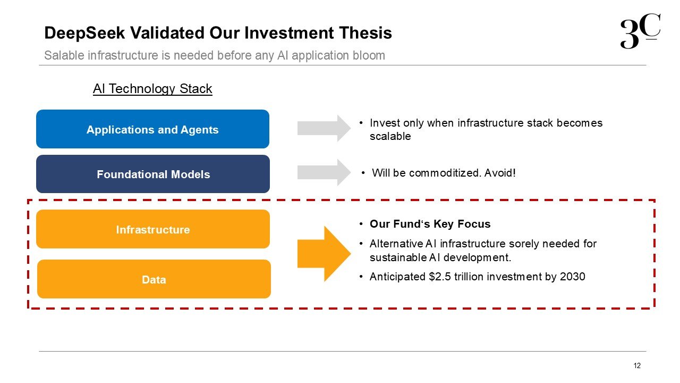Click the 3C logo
(x=640, y=31)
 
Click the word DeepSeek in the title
(x=84, y=33)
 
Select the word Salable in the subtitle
(x=64, y=55)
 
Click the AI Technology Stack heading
(x=152, y=89)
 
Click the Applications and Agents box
(x=152, y=129)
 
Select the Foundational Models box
(x=153, y=174)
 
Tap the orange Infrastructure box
(x=153, y=229)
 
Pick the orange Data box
(x=154, y=279)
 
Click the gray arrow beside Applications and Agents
(x=324, y=128)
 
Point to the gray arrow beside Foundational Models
(x=324, y=172)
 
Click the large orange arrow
(x=324, y=254)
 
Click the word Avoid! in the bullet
(x=500, y=173)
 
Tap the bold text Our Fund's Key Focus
(x=430, y=224)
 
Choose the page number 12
(x=637, y=365)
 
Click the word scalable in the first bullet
(x=390, y=136)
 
